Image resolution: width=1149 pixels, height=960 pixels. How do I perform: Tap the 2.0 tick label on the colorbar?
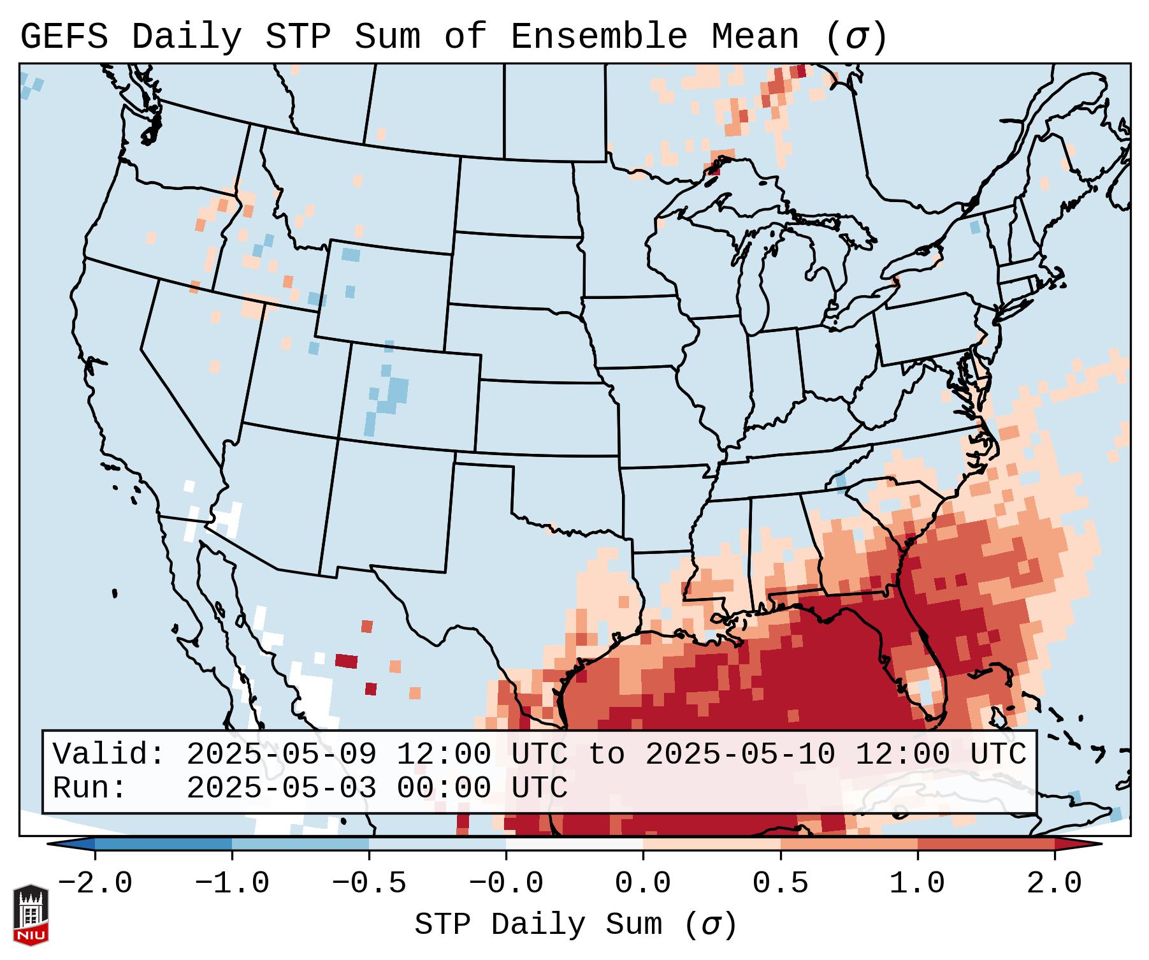pos(1054,884)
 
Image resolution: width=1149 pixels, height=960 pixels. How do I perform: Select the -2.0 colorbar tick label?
pos(95,884)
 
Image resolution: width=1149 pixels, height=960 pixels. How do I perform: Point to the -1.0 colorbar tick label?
pos(232,884)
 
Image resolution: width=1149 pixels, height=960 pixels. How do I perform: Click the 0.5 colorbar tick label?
pos(780,884)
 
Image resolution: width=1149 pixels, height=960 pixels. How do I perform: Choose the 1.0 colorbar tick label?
pos(917,884)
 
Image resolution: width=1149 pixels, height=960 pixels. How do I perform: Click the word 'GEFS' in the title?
pos(64,37)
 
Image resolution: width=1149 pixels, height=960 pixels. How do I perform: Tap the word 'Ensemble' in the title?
pos(598,37)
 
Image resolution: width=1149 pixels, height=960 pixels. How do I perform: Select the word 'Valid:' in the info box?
pos(109,754)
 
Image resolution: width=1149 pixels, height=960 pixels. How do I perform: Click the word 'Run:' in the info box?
pos(90,788)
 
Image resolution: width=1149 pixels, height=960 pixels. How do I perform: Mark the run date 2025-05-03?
pos(281,788)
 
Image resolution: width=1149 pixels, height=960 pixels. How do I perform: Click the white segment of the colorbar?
pos(574,844)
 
